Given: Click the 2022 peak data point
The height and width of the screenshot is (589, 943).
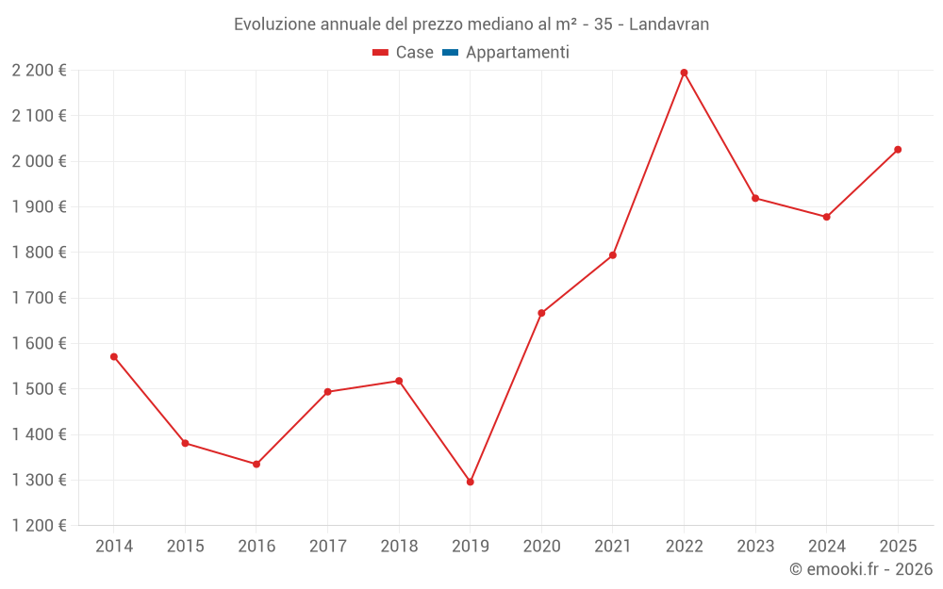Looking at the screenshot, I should [684, 73].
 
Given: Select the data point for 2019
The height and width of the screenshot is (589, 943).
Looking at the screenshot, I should [471, 482].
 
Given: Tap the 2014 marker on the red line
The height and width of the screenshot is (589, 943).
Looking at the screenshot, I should [114, 356].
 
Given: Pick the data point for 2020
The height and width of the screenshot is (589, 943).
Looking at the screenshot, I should [541, 313].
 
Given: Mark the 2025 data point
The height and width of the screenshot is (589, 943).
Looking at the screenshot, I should [898, 150].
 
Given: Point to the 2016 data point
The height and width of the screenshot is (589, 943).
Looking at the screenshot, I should [256, 464].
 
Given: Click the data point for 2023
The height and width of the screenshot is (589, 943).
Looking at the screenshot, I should [755, 198].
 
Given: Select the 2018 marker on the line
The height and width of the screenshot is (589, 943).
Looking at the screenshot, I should [399, 381].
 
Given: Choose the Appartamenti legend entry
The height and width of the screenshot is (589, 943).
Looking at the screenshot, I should [517, 53].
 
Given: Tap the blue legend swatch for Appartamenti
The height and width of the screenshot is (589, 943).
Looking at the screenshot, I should [450, 53].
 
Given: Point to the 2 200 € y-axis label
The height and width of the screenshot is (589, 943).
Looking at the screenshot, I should [39, 71].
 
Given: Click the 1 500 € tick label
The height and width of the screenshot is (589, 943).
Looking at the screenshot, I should [39, 389].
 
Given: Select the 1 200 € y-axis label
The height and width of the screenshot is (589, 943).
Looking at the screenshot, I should [39, 526].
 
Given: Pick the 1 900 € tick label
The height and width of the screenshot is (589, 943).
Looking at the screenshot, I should [39, 207].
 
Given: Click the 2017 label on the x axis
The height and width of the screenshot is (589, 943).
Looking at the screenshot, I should [327, 547].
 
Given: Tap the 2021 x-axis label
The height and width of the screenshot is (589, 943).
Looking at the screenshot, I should [613, 547].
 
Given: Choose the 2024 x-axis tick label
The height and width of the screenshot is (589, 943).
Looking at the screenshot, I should [826, 547].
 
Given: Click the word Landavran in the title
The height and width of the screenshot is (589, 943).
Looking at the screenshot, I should [669, 25].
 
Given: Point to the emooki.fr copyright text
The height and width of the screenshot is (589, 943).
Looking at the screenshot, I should [861, 569].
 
